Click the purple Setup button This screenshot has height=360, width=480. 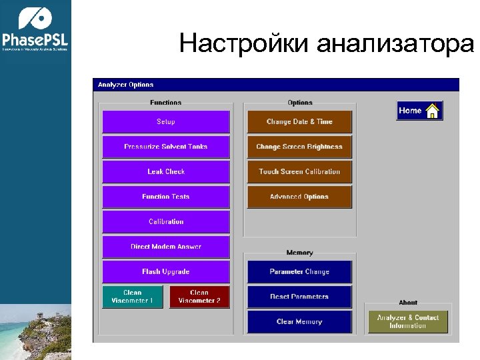pyautogui.click(x=166, y=122)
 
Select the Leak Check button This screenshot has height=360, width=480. pyautogui.click(x=166, y=172)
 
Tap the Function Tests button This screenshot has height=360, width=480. pyautogui.click(x=166, y=197)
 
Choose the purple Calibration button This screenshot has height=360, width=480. pyautogui.click(x=166, y=222)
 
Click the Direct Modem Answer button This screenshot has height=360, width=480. pyautogui.click(x=166, y=247)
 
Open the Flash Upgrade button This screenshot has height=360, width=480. pyautogui.click(x=166, y=272)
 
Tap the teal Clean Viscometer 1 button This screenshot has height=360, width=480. pyautogui.click(x=133, y=297)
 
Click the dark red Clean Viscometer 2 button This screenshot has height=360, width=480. pyautogui.click(x=199, y=297)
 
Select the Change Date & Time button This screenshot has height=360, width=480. pyautogui.click(x=299, y=122)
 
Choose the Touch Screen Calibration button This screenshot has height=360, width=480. pyautogui.click(x=299, y=172)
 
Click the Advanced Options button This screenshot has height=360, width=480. pyautogui.click(x=299, y=197)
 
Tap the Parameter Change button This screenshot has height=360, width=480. pyautogui.click(x=299, y=272)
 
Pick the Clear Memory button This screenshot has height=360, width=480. pyautogui.click(x=299, y=322)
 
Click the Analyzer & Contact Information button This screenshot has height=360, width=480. pyautogui.click(x=408, y=322)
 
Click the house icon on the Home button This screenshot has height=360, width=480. pyautogui.click(x=433, y=111)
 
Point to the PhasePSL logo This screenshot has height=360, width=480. pyautogui.click(x=35, y=30)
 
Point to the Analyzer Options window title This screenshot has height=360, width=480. pyautogui.click(x=126, y=85)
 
